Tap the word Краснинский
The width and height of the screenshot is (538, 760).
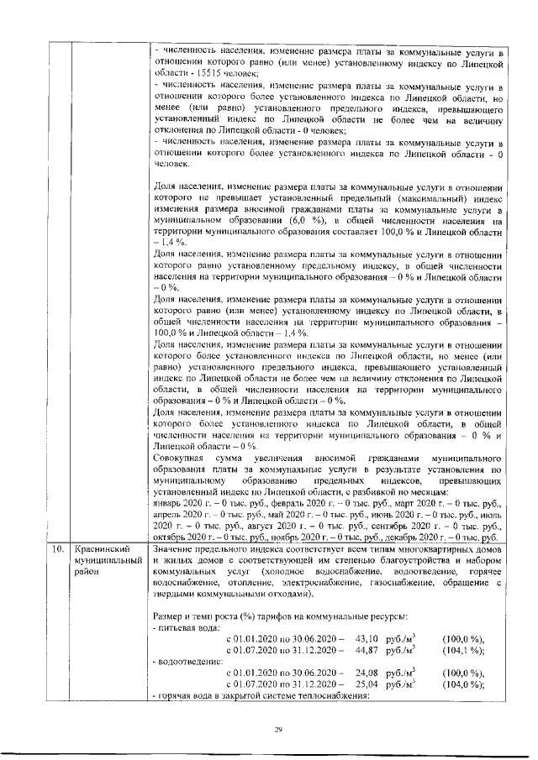[x=102, y=548]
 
